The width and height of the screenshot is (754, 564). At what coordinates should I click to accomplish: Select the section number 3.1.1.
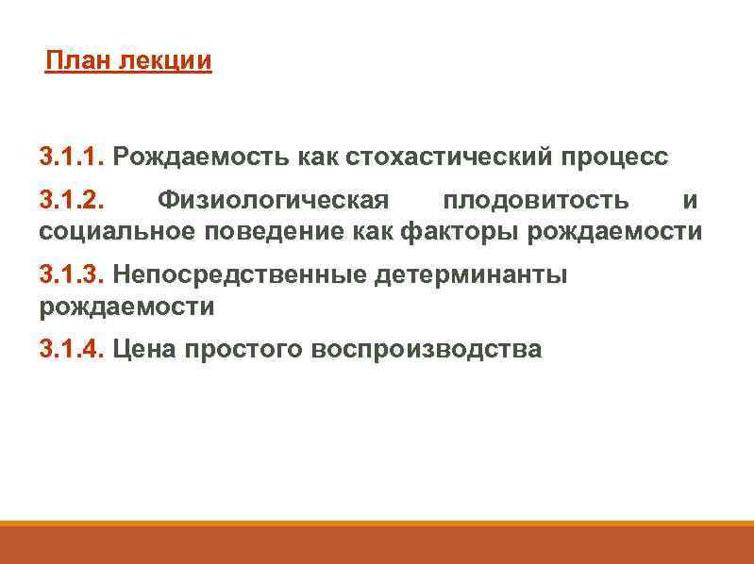(x=72, y=155)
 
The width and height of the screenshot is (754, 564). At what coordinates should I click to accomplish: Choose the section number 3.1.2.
(x=72, y=201)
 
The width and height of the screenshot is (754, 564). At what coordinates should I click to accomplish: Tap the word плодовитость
(x=535, y=201)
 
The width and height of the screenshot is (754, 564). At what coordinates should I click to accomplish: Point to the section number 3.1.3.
(x=72, y=274)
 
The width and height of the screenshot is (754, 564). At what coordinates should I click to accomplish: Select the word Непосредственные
(x=240, y=274)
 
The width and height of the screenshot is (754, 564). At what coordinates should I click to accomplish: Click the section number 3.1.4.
(x=72, y=350)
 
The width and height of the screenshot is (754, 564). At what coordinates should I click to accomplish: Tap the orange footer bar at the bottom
(x=377, y=544)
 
